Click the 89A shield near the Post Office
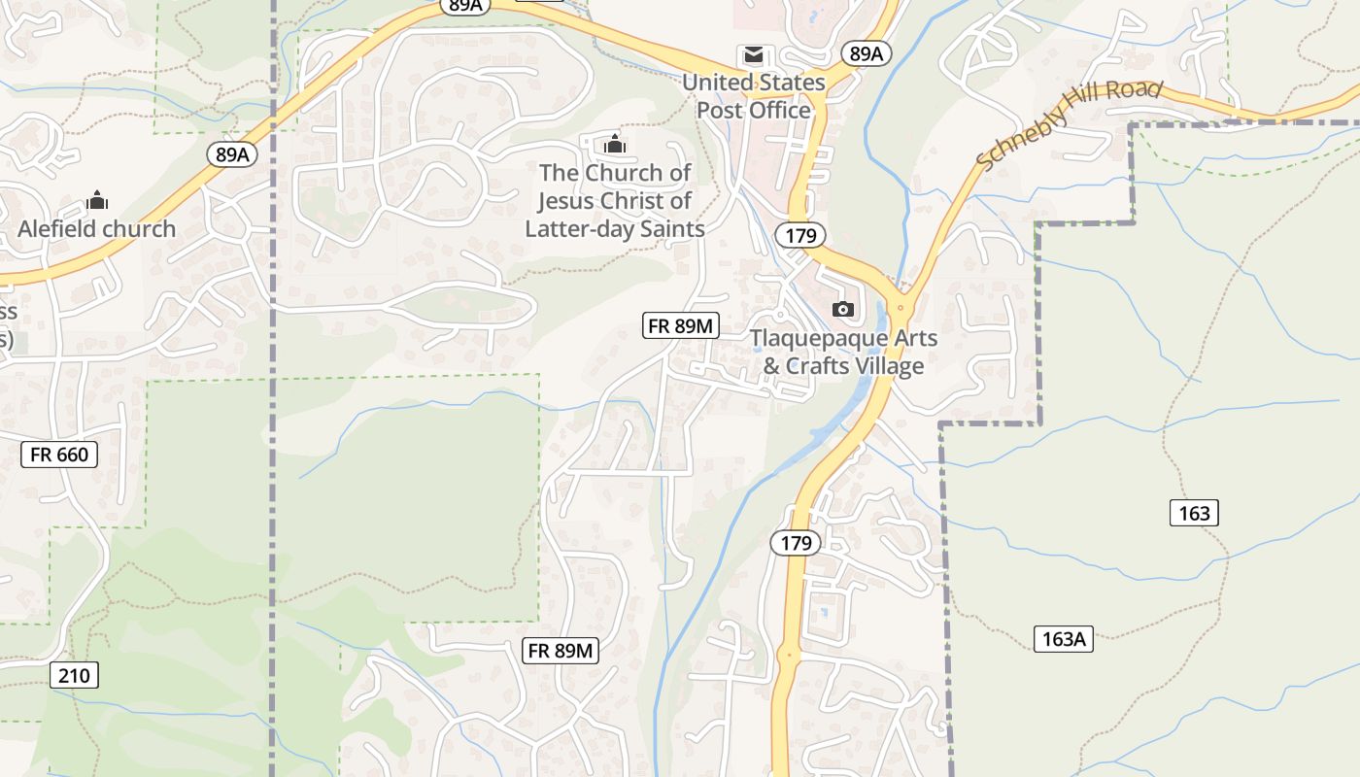pos(865,53)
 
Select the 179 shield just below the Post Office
pos(800,234)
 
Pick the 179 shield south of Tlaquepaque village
pos(796,543)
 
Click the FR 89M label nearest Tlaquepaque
pos(681,325)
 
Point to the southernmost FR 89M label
pos(561,651)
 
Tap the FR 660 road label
pos(59,454)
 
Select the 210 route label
pos(75,675)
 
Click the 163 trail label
pos(1193,513)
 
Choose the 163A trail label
pos(1063,639)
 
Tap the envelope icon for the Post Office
pos(754,55)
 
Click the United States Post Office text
pos(754,96)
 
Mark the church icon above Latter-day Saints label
pos(614,145)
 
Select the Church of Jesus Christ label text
pos(615,200)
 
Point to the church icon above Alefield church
pos(97,201)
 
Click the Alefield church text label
pos(97,229)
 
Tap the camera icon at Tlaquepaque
pos(843,309)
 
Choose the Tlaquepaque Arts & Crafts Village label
pos(843,352)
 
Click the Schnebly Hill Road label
pos(1069,123)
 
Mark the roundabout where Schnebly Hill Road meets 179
pos(901,308)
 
